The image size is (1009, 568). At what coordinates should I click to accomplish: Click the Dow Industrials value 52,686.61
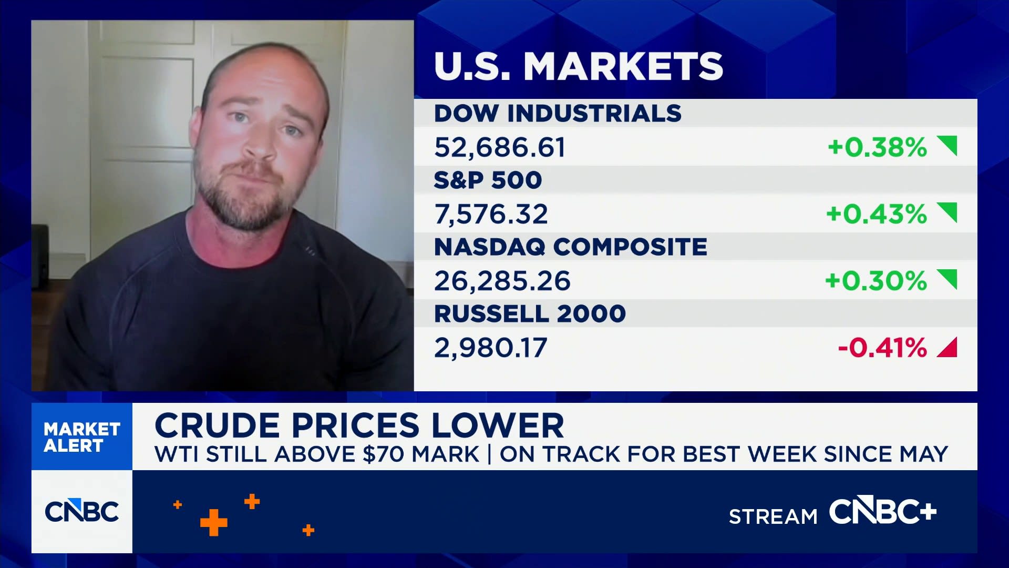pyautogui.click(x=500, y=147)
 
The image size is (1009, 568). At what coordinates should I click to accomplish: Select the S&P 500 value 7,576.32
pyautogui.click(x=491, y=214)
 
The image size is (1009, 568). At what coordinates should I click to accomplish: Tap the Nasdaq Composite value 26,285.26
pyautogui.click(x=502, y=281)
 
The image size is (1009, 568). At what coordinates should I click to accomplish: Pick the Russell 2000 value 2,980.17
pyautogui.click(x=490, y=348)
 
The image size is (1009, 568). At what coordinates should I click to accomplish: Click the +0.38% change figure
pyautogui.click(x=877, y=147)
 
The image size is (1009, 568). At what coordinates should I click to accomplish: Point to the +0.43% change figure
pyautogui.click(x=877, y=214)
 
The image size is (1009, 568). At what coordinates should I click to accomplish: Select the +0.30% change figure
pyautogui.click(x=876, y=281)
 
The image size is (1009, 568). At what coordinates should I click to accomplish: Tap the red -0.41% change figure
pyautogui.click(x=882, y=348)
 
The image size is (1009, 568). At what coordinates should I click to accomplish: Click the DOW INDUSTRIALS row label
pyautogui.click(x=558, y=114)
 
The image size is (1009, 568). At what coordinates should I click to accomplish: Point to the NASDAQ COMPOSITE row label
pyautogui.click(x=571, y=247)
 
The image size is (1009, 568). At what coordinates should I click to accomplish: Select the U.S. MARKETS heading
pyautogui.click(x=579, y=66)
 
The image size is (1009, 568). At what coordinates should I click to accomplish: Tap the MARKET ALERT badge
pyautogui.click(x=82, y=437)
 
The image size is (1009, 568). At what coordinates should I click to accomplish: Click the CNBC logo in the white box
pyautogui.click(x=82, y=511)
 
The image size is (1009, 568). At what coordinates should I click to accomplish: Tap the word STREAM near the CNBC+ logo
pyautogui.click(x=773, y=517)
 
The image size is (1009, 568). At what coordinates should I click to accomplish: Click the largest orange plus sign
pyautogui.click(x=214, y=523)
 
